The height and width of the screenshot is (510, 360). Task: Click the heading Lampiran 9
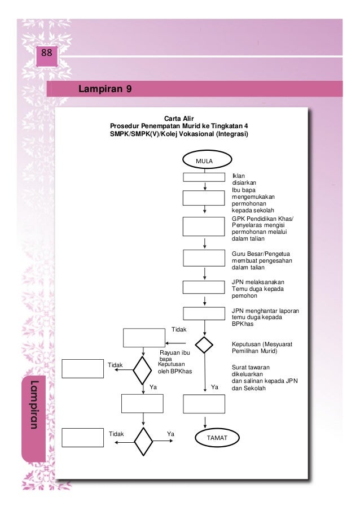(107, 89)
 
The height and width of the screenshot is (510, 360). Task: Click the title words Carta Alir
(179, 117)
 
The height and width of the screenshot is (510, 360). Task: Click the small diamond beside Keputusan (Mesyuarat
(204, 345)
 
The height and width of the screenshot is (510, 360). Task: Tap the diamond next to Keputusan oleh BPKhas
(142, 370)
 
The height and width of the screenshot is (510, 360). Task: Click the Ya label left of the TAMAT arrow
(214, 387)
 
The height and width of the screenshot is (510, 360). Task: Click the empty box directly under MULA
(204, 177)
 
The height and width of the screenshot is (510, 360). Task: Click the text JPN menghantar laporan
(265, 311)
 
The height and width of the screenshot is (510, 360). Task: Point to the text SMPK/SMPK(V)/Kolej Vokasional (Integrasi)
(179, 134)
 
